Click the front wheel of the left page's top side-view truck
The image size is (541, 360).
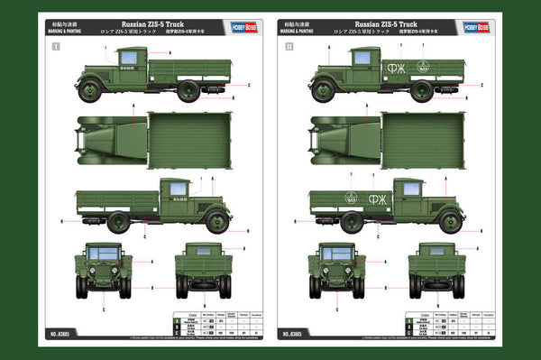point(89,90)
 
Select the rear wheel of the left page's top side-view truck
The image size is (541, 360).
point(188,90)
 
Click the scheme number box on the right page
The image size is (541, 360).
point(289,44)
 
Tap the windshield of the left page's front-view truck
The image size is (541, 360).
point(104,254)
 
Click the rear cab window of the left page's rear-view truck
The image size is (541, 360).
point(203,251)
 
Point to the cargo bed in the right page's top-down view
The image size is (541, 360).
point(422,141)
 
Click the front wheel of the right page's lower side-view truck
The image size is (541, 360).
point(449,221)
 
